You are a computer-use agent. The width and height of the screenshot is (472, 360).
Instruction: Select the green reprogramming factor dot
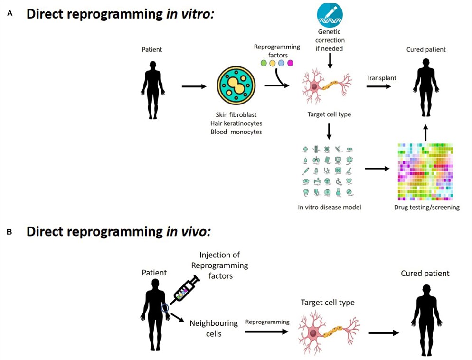264,63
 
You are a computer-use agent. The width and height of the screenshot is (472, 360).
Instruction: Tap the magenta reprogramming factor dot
291,63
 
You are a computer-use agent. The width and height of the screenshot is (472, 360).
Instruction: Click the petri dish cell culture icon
236,86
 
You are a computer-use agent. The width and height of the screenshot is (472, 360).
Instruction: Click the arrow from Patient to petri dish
194,86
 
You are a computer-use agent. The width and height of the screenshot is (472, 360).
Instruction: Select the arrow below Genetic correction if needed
330,60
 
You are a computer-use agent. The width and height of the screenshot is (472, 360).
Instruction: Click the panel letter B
9,232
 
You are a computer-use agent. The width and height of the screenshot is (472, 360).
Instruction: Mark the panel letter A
9,14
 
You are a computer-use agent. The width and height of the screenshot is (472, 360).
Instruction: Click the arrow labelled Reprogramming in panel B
266,332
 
